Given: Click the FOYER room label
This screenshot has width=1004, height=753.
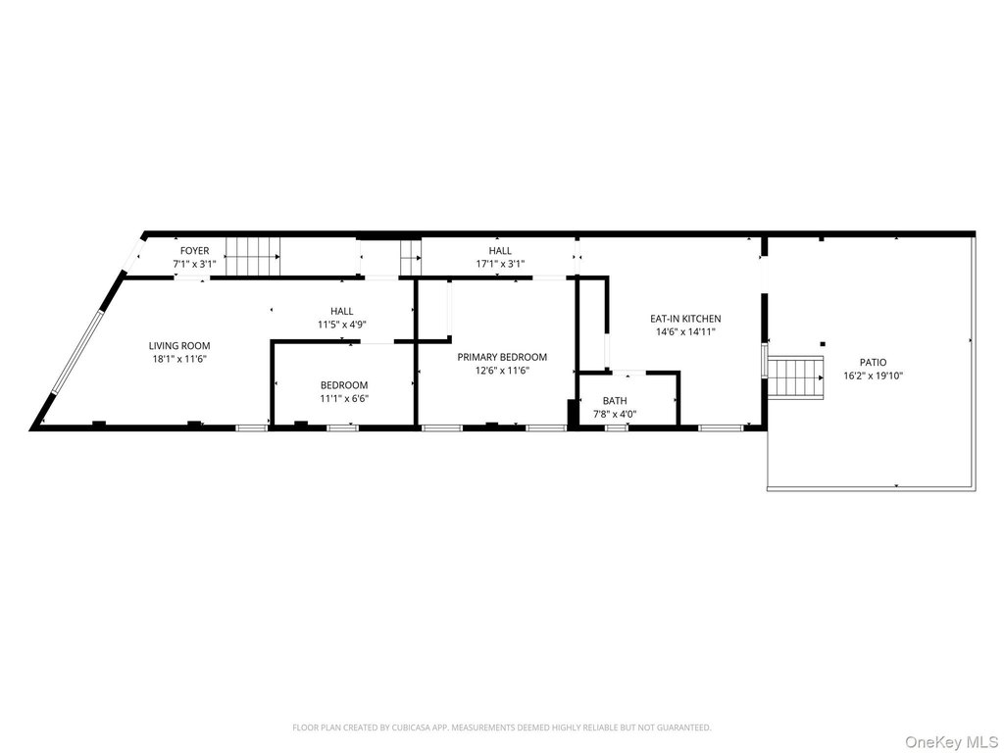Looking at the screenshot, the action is (194, 251).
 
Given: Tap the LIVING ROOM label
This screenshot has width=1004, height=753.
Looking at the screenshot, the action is (179, 346).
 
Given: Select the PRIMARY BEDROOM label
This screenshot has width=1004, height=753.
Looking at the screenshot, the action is (502, 357).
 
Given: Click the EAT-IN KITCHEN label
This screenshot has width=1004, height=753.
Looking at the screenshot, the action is (685, 319).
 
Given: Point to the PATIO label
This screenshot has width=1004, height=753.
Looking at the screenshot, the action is (874, 363).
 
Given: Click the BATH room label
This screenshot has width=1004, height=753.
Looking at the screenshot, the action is (615, 401).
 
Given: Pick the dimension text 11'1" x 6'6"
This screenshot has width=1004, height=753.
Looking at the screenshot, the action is (344, 398).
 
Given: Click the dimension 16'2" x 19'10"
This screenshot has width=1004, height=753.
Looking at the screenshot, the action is (874, 376).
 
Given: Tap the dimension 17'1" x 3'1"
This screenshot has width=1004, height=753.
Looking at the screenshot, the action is (500, 264).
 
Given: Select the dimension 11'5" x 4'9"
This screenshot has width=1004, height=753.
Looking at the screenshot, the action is (342, 324).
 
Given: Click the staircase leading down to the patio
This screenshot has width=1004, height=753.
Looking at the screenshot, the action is (796, 377).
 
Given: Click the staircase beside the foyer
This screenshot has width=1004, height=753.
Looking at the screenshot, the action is (253, 257).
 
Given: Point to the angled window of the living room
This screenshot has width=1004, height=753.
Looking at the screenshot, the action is (76, 351).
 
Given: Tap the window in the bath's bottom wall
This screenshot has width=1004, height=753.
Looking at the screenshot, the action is (616, 427).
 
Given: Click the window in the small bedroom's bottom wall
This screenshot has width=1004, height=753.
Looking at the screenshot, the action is (342, 427).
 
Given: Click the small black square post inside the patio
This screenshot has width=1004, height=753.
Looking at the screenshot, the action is (823, 343).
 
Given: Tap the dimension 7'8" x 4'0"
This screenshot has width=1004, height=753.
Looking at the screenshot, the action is (615, 415).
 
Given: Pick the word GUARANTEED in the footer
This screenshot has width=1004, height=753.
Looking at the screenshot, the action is (685, 728).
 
